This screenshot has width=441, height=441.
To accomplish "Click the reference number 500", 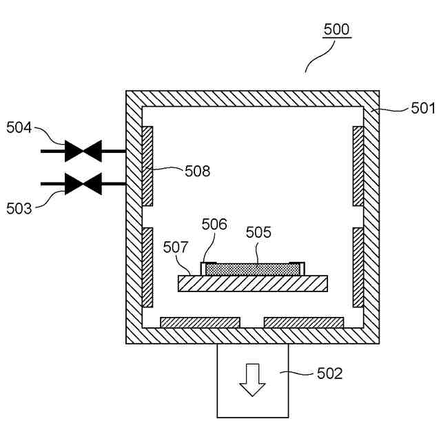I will tap(337, 30).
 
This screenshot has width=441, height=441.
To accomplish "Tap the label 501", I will tap(423, 107).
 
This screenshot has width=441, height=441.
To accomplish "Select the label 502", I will tap(329, 374).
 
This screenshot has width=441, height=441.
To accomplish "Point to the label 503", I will tap(19, 207).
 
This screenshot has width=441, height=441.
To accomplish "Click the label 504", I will tap(19, 127).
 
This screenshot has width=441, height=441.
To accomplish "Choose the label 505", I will tap(258, 232).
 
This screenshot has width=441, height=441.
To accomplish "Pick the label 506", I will tap(214, 224).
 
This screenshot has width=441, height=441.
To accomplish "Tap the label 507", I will tap(176, 245).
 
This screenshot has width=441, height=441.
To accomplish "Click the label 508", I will tap(197, 171).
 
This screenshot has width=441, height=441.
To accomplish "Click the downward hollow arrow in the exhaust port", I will tap(253, 380).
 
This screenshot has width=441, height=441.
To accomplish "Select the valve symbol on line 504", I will tap(83, 150).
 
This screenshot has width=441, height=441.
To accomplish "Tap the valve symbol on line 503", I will tap(83, 184).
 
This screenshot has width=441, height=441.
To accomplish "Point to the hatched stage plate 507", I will tap(252, 283).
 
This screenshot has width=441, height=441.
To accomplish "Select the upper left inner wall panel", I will tap(147, 165).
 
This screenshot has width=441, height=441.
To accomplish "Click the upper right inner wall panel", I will tap(358, 165).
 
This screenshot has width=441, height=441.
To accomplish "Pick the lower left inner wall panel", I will tap(147, 267).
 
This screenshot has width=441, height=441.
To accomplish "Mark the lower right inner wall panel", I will tap(358, 267).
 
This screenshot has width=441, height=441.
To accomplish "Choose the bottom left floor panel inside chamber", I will tap(200, 322).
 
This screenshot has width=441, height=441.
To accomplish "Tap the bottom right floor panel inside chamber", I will tap(304, 322).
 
